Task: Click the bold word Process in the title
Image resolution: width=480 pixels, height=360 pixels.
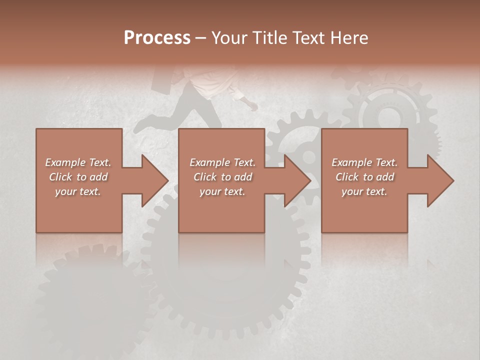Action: click(157, 38)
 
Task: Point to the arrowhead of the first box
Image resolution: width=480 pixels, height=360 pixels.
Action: click(155, 180)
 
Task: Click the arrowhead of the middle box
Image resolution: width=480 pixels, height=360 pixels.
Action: click(298, 180)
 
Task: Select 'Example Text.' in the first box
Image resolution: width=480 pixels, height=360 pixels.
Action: click(78, 162)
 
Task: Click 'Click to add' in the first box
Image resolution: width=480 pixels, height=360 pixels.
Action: click(78, 177)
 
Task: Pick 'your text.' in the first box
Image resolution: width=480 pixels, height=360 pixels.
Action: click(78, 191)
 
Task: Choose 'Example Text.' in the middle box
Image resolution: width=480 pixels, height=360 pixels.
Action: click(222, 162)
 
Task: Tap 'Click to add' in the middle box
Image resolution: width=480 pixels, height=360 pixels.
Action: click(222, 177)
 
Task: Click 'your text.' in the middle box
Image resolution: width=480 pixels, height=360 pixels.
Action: click(222, 191)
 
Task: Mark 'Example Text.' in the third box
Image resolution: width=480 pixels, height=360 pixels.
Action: click(364, 162)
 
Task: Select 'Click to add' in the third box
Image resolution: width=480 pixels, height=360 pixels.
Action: click(364, 177)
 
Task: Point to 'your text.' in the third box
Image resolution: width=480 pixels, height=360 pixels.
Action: click(364, 191)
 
